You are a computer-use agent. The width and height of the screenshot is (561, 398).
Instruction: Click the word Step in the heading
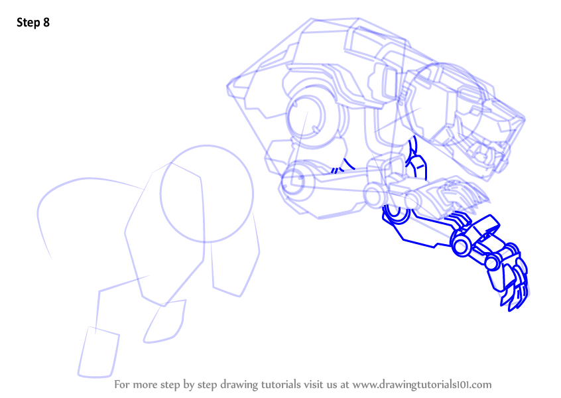pos(29,23)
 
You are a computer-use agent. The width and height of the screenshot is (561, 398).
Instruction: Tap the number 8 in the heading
pos(46,23)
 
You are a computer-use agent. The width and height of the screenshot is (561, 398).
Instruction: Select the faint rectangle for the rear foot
pos(98,352)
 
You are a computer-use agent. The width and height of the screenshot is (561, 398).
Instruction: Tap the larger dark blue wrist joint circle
pos(461,246)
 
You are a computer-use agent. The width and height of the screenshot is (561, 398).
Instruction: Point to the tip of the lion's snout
pos(524,119)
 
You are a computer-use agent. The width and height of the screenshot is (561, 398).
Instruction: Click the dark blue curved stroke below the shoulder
pos(349,165)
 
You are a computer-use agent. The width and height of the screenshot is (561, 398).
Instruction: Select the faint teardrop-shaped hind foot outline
pos(165,322)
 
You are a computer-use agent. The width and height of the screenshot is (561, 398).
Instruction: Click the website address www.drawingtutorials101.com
pos(422,385)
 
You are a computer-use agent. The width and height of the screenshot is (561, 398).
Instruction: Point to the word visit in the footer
pos(315,385)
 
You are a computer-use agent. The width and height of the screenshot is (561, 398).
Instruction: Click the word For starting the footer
pos(121,385)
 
